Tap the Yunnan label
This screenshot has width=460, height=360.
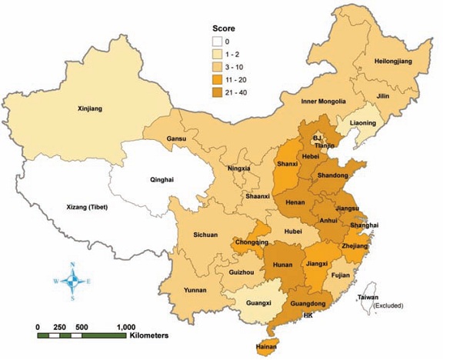click(x=196, y=290)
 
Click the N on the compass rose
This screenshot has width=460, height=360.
click(x=72, y=265)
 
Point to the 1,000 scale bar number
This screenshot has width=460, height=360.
click(x=126, y=327)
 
